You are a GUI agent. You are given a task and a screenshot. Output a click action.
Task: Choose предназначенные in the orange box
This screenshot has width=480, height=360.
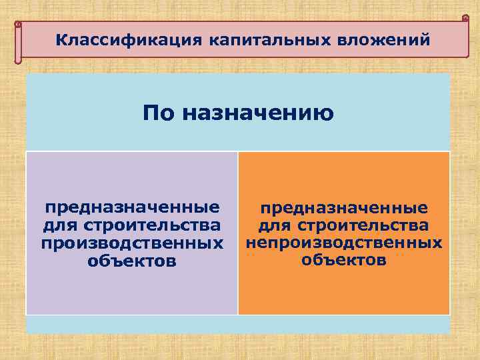click(x=344, y=208)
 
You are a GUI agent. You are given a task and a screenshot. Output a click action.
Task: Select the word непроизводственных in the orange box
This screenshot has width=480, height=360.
click(x=344, y=241)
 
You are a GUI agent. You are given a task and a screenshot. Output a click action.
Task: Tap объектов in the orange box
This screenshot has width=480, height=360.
click(x=344, y=259)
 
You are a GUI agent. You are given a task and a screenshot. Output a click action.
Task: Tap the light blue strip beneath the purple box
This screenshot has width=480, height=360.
click(x=132, y=324)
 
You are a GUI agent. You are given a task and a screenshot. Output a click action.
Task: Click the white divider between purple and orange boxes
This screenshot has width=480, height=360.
click(x=238, y=233)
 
